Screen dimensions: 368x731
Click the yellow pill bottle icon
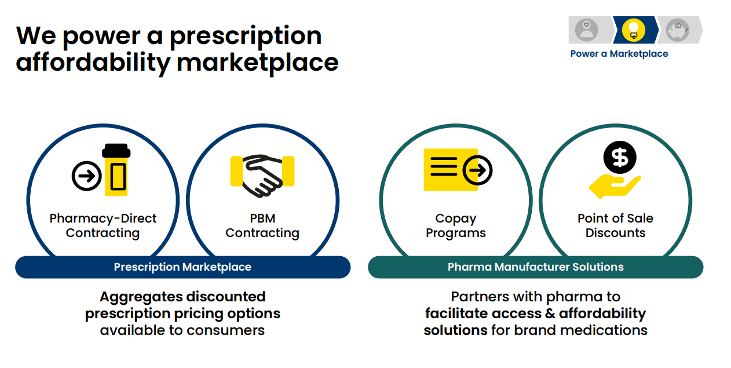116,172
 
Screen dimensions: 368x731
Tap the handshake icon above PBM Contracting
262,174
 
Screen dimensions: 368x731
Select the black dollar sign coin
619,157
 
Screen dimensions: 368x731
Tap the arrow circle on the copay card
478,170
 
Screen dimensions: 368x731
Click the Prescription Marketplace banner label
182,267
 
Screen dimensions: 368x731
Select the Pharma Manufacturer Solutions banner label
535,267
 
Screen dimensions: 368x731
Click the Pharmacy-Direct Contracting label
103,225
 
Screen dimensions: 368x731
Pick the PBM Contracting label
262,225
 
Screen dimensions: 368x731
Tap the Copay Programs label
456,225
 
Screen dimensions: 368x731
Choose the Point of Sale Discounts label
615,225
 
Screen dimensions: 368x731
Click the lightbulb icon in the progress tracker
633,30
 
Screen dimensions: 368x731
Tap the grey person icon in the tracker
587,30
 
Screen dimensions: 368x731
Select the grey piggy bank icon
677,30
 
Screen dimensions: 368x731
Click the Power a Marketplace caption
619,54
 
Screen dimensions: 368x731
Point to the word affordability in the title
93,62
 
